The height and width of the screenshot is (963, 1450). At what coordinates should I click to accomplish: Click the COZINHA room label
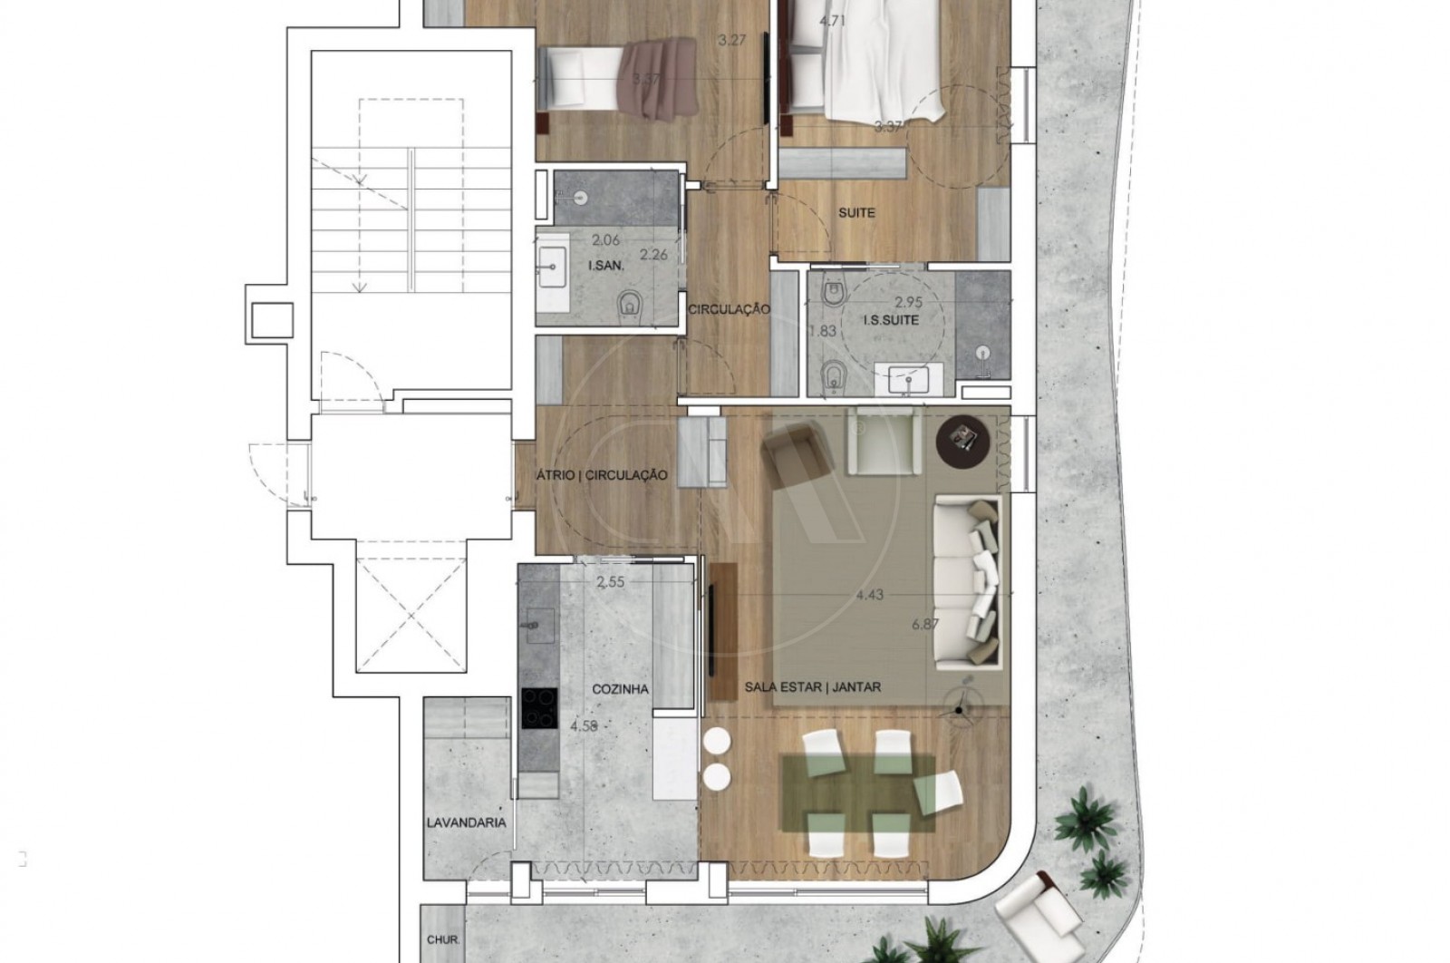click(620, 689)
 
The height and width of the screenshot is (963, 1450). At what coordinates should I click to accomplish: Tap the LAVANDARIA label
click(466, 823)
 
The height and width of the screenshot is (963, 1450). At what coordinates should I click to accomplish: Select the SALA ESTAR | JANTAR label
click(812, 687)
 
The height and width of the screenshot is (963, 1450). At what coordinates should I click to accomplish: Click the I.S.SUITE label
click(891, 320)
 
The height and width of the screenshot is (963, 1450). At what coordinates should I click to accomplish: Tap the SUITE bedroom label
click(856, 213)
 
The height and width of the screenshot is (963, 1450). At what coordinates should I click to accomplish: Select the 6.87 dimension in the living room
click(925, 624)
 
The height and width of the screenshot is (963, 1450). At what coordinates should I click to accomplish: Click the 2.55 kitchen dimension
click(610, 583)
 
